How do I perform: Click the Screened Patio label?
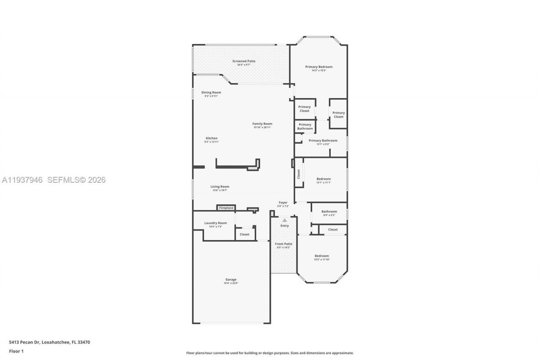click(x=243, y=61)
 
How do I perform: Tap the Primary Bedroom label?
click(x=319, y=67)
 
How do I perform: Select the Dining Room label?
click(x=211, y=92)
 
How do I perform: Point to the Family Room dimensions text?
click(x=262, y=127)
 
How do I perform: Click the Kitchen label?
click(x=211, y=138)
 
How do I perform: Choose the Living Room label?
click(x=220, y=187)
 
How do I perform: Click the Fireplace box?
click(x=226, y=208)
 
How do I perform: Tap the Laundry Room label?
click(x=215, y=223)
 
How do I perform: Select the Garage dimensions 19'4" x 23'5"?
click(x=231, y=283)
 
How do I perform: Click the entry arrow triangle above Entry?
click(x=284, y=220)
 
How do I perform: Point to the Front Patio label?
click(x=283, y=244)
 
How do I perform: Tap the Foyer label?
click(x=283, y=203)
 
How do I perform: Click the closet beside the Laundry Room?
click(x=245, y=234)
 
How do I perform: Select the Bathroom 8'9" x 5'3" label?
click(x=329, y=211)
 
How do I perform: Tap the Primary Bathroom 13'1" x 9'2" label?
click(x=323, y=141)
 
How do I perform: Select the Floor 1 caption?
click(x=16, y=351)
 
